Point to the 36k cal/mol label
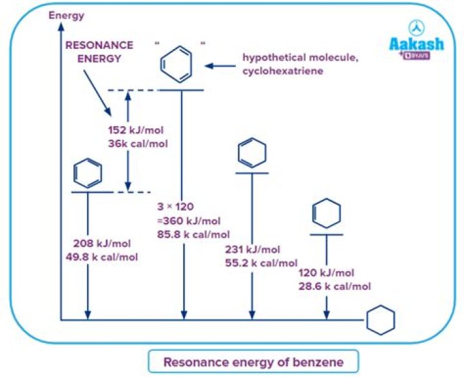pos(137,143)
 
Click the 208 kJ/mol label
pos(101,245)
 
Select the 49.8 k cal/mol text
pos(106,257)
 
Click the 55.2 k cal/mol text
pos(261,263)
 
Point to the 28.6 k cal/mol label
pos(334,285)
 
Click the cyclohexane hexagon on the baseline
pos(380,320)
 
